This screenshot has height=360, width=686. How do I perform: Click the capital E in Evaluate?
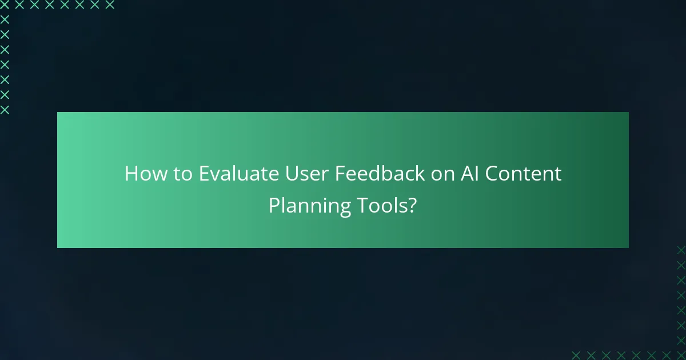coord(204,174)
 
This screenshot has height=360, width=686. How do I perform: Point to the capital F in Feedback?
coord(339,174)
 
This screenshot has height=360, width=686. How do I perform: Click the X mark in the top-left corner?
coord(5,5)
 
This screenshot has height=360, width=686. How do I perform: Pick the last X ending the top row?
coord(110,5)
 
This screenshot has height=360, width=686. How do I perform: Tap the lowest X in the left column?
coord(5,110)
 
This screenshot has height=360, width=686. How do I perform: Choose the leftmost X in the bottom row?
coord(576,355)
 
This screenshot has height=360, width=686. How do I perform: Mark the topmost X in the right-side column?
coord(681,250)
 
